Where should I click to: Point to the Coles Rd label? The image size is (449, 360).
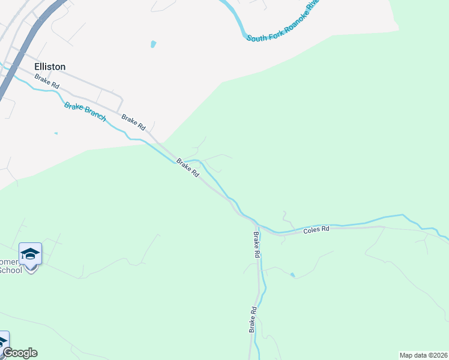click(316, 230)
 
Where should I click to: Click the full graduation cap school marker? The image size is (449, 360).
click(30, 255)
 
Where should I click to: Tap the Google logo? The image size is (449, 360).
click(19, 353)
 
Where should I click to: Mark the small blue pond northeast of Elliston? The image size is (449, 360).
click(153, 44)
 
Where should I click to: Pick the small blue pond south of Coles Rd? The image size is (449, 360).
click(292, 275)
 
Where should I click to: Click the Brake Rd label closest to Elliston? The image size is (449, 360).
click(46, 82)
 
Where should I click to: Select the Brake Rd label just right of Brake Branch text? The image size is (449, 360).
click(133, 122)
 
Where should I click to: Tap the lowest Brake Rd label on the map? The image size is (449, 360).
click(253, 320)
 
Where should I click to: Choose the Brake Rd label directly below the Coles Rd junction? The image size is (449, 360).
click(256, 245)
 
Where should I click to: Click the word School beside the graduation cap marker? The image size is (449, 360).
click(10, 270)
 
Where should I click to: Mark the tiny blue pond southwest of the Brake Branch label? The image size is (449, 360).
click(56, 133)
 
